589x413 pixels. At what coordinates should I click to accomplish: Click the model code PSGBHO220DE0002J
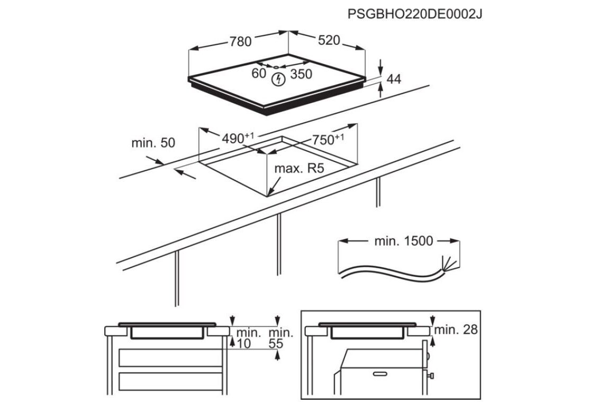tap(415, 14)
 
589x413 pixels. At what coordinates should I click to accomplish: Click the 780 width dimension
tap(240, 41)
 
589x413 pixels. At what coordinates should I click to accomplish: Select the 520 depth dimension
tap(329, 40)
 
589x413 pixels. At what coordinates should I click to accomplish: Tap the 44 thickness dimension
tap(394, 79)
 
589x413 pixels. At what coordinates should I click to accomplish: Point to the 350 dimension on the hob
tap(301, 75)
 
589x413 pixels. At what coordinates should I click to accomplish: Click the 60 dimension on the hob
tap(258, 73)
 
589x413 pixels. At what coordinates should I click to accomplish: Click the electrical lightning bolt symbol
tap(278, 79)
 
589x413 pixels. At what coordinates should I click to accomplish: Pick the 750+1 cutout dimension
tap(328, 139)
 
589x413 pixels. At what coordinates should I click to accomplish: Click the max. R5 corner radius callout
tap(299, 168)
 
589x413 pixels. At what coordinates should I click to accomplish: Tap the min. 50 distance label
tap(153, 143)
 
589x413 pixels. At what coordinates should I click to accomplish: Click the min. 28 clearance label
tap(456, 329)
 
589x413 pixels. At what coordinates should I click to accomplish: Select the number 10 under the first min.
tap(244, 344)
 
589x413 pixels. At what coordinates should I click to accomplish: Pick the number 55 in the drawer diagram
tap(276, 344)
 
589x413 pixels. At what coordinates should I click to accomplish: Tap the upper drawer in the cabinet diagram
tap(171, 358)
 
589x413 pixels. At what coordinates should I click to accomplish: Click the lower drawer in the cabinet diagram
tap(171, 381)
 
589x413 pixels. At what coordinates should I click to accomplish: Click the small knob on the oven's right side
tap(431, 375)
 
